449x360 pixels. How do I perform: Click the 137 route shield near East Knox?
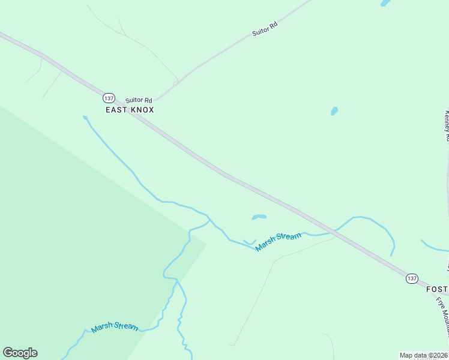tap(108, 98)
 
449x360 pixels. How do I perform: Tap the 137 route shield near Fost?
tap(411, 278)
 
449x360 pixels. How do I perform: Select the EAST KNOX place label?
tap(130, 110)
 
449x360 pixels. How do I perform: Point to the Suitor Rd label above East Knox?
tap(139, 100)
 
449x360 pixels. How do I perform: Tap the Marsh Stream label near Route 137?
tap(278, 241)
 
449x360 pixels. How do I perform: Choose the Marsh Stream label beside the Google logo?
tap(115, 328)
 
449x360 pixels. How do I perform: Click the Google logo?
tap(20, 353)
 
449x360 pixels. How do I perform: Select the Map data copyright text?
tap(423, 355)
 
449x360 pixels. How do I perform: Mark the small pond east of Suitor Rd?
tap(334, 111)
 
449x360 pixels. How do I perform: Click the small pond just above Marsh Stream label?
tap(259, 217)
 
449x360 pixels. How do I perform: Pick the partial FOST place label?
tap(437, 289)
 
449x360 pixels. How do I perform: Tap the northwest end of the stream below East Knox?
tap(85, 117)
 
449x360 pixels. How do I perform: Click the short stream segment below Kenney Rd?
tap(434, 247)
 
